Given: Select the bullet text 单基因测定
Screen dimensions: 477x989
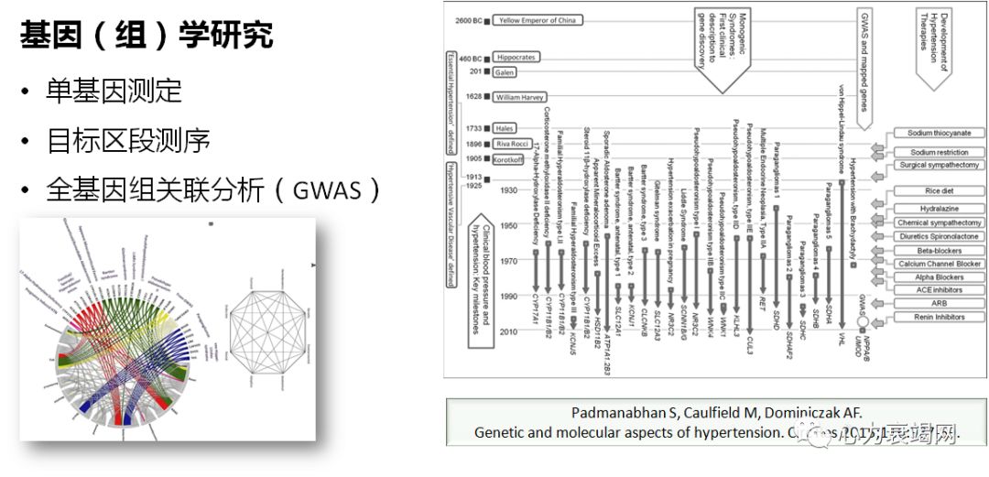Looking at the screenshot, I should coord(114,91).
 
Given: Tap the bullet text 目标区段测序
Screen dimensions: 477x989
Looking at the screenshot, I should coord(128,140).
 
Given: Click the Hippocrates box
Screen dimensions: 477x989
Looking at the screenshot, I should coord(516,57).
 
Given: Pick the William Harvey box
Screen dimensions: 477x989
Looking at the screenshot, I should coord(519,96).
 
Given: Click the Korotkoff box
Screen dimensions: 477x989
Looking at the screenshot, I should coord(508,158).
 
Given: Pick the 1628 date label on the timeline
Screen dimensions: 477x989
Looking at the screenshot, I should coord(474,96).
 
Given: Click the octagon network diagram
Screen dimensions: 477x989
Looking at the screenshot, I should coord(266,326).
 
